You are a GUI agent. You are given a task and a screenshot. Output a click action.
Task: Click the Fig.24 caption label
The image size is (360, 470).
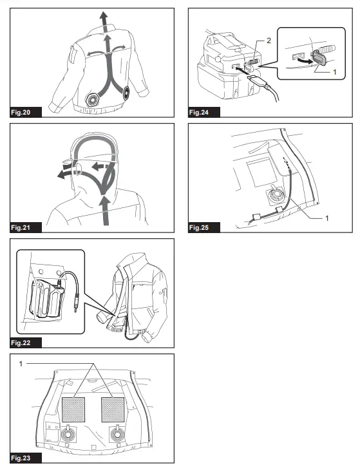(x=201, y=113)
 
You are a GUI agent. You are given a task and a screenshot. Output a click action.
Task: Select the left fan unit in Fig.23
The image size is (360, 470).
(x=66, y=436)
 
